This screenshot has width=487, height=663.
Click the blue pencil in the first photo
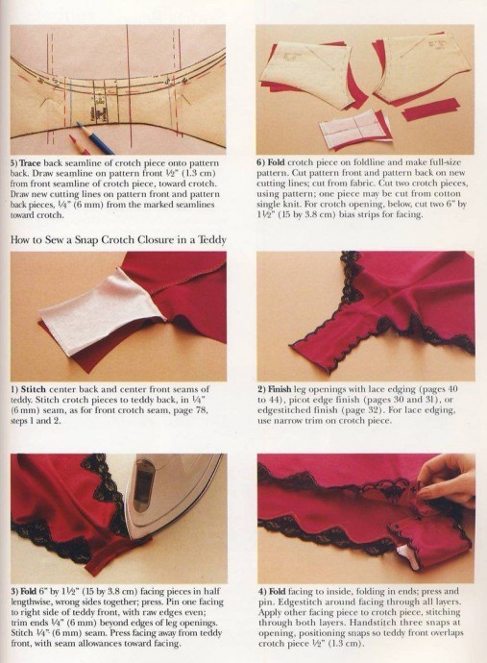coord(96,138)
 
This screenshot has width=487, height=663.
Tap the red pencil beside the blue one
coord(78,144)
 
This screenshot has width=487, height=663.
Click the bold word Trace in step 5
coord(31,162)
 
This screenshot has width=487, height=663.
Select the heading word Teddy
coord(212,240)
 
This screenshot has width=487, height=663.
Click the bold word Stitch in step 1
coord(33,389)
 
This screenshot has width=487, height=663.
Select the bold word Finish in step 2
coord(280,389)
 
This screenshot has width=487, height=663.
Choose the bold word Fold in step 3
coord(28,591)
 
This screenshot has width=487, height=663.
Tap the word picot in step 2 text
coord(299,400)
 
